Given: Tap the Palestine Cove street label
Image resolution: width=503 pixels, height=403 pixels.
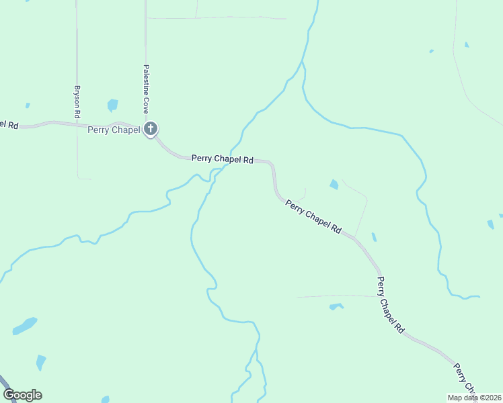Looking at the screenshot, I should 145,88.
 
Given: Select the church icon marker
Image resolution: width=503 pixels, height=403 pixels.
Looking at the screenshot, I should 151,128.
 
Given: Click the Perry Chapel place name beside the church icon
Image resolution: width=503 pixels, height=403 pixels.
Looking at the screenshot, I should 114,130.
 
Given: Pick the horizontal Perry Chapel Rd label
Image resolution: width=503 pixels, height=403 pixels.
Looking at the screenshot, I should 222,159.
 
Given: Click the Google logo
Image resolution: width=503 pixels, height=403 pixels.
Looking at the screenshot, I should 22,394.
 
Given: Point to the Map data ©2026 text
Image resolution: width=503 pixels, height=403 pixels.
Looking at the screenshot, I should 473,398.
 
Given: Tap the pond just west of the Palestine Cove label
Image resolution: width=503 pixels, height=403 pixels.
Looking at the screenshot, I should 112,105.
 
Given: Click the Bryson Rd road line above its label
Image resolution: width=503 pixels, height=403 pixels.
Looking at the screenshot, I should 77,40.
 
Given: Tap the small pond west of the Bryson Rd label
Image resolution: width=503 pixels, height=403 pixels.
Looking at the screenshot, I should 28,105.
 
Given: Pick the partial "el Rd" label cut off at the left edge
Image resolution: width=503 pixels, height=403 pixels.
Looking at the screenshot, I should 9,124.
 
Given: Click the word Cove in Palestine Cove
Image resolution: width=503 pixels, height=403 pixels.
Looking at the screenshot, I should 145,103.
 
